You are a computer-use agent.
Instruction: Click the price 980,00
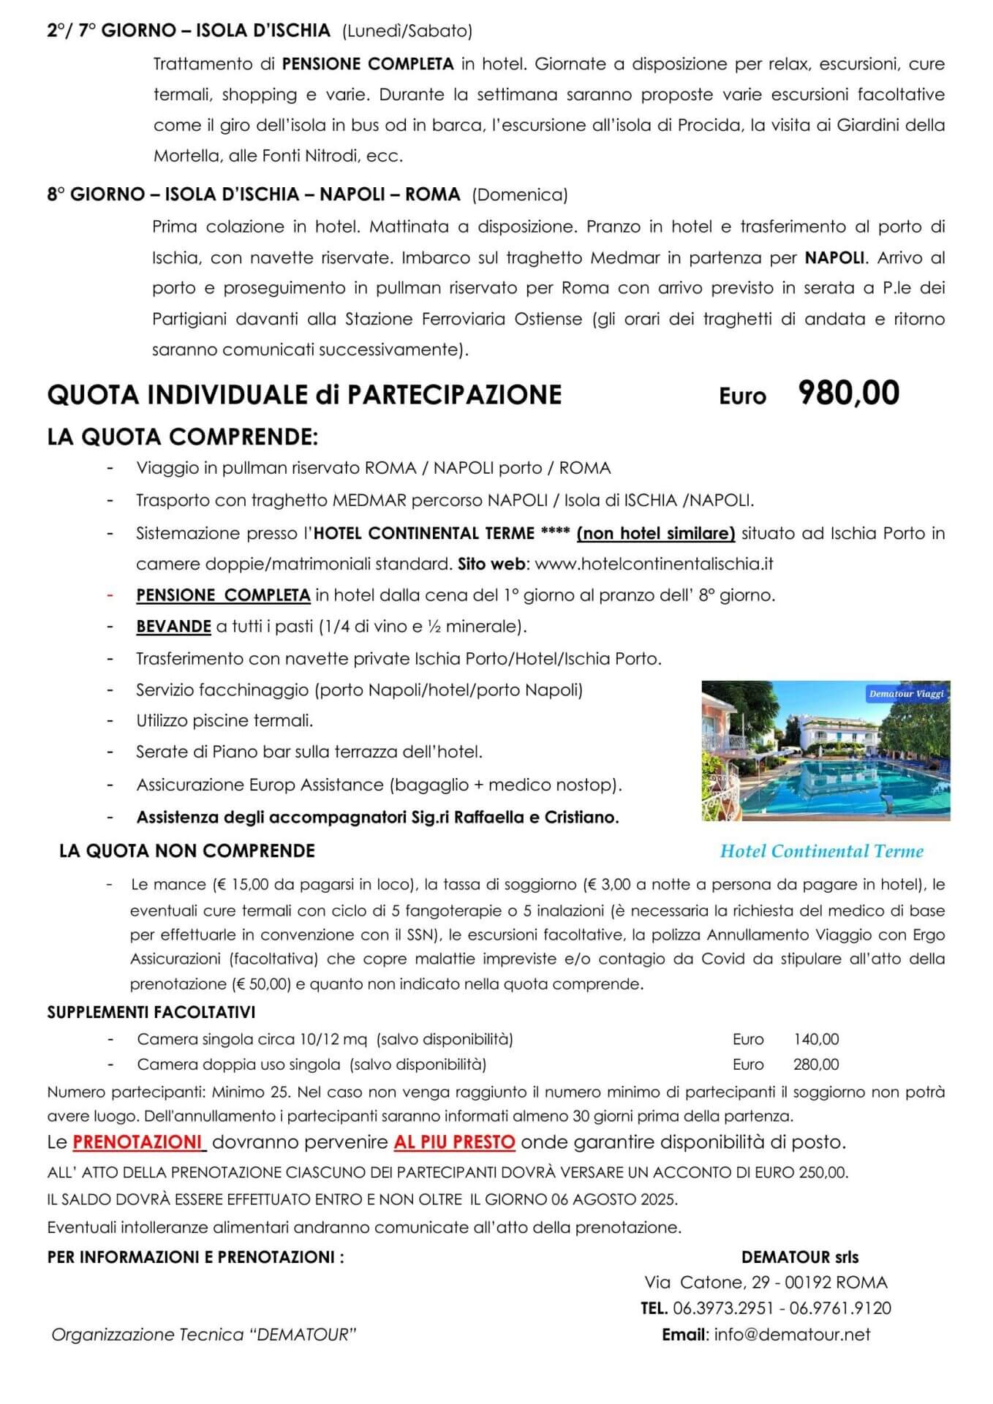[x=848, y=393]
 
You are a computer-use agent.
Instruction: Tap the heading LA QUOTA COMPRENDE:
[x=182, y=437]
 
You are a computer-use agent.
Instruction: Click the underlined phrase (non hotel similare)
[x=655, y=533]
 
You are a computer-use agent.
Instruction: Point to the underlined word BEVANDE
[x=173, y=627]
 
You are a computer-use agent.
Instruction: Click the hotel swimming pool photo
[x=825, y=751]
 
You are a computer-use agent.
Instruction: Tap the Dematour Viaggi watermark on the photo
[x=906, y=693]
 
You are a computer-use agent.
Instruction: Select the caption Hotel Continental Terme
[x=821, y=851]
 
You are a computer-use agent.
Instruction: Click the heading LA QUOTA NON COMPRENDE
[x=187, y=851]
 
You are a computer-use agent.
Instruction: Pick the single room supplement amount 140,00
[x=816, y=1039]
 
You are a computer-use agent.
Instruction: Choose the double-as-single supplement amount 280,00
[x=816, y=1064]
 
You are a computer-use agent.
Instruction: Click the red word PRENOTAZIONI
[x=137, y=1141]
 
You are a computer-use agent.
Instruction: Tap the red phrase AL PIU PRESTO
[x=454, y=1141]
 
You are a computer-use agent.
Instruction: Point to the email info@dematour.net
[x=792, y=1335]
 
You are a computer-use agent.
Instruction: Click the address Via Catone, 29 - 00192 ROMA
[x=766, y=1283]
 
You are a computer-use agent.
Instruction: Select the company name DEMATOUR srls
[x=799, y=1257]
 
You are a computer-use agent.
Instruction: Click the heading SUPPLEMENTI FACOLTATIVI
[x=151, y=1013]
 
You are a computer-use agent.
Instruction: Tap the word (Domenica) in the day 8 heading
[x=520, y=195]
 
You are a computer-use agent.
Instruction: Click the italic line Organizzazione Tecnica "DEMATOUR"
[x=203, y=1335]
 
